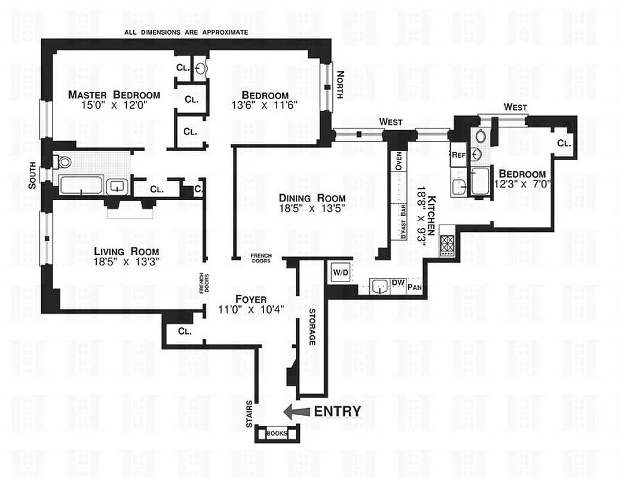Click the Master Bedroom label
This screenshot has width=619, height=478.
114,94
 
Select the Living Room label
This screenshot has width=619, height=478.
126,250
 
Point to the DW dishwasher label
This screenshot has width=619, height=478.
398,283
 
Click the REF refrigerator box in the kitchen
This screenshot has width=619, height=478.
458,154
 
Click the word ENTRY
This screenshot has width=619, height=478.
338,411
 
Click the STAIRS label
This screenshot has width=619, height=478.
249,413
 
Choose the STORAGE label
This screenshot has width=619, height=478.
312,327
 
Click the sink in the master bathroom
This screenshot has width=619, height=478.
116,186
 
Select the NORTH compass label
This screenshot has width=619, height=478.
341,85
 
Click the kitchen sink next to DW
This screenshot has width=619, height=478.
378,287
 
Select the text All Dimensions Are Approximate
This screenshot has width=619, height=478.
186,32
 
